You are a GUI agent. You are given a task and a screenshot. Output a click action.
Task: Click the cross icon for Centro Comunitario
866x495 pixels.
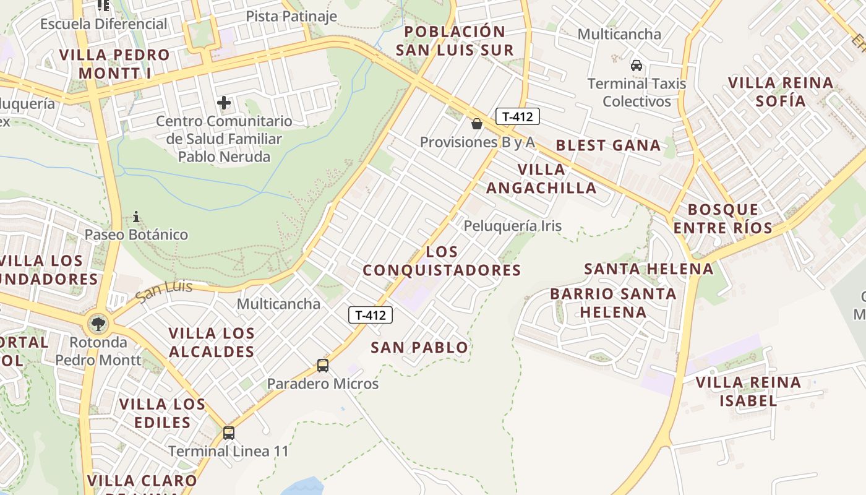224,103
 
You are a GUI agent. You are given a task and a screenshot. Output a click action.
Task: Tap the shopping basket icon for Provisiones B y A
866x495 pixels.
476,124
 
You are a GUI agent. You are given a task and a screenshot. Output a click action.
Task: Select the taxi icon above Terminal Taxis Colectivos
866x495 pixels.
636,65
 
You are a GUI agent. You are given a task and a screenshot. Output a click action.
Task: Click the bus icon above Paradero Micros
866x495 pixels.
322,365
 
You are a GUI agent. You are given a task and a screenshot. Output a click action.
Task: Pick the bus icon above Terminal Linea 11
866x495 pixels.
228,433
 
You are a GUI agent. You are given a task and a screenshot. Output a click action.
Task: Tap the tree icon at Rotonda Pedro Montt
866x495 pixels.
98,322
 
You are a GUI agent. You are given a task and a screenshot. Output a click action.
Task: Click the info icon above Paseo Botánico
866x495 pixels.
136,217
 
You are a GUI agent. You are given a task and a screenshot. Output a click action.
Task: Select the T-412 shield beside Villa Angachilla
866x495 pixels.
518,116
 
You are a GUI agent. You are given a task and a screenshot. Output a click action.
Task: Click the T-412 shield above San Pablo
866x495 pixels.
371,315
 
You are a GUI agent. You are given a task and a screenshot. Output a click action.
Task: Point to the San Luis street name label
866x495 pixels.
164,291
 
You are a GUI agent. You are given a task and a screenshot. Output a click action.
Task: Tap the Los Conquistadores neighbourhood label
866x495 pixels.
442,261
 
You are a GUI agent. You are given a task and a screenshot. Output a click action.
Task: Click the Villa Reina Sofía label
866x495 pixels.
781,92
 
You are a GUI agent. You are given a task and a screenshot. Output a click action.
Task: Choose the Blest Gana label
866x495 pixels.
608,145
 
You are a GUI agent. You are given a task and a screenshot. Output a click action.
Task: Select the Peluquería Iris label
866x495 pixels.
513,226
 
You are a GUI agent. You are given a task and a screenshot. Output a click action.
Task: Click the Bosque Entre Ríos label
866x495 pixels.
722,218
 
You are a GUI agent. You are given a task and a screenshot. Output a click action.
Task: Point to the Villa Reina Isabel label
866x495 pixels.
748,391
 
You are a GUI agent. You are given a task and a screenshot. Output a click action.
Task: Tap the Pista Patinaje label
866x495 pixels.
291,16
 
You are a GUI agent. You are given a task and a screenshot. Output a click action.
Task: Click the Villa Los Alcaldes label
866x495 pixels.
212,342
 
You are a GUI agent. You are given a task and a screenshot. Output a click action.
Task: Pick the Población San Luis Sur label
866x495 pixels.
455,41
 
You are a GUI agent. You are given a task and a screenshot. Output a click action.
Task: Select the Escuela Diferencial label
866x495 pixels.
104,24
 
